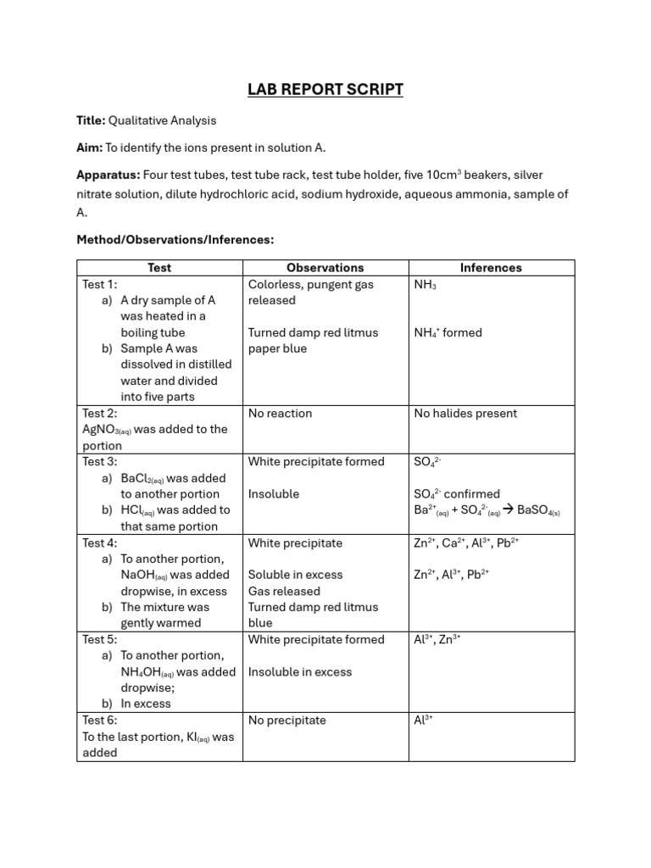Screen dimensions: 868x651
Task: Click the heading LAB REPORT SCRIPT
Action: click(325, 90)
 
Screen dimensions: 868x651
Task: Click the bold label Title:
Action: click(91, 120)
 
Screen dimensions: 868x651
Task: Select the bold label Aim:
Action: click(89, 147)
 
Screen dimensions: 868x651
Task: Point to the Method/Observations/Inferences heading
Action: click(175, 240)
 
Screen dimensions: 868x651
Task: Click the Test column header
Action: click(159, 268)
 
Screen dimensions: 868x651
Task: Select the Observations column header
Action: click(325, 268)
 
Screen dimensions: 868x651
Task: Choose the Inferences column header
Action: click(491, 268)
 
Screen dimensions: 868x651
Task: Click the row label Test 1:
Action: click(100, 284)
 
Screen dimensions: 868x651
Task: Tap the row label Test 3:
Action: click(100, 461)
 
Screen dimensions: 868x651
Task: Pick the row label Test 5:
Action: click(100, 639)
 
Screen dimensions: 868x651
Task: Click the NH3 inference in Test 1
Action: click(425, 285)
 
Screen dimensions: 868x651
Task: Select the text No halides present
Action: click(465, 414)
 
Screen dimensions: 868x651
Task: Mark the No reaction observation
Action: click(280, 414)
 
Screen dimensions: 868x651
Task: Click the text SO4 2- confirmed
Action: click(456, 494)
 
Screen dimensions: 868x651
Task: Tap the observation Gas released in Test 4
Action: click(284, 591)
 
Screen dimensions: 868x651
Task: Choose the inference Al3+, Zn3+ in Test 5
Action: click(437, 640)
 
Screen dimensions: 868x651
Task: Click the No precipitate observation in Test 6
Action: click(287, 721)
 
